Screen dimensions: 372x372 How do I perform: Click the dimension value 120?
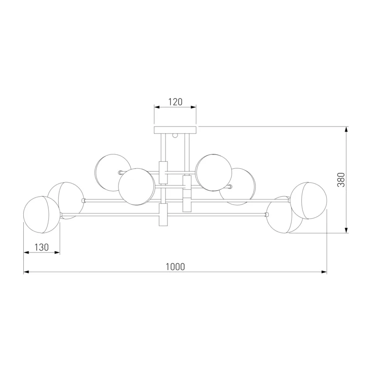(x=175, y=102)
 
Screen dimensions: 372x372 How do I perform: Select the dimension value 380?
(x=341, y=180)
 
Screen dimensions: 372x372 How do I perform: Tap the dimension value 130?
(x=41, y=247)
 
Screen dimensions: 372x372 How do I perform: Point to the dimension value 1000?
(x=175, y=267)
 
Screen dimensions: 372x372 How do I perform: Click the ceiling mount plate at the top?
(x=175, y=130)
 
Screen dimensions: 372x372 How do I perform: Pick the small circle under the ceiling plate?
(x=175, y=135)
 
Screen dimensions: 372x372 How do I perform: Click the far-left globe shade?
(x=42, y=215)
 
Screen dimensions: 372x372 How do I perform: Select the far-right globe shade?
(x=308, y=201)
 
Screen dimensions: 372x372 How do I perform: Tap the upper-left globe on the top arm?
(x=113, y=173)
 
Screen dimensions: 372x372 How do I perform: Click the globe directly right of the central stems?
(x=213, y=173)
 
